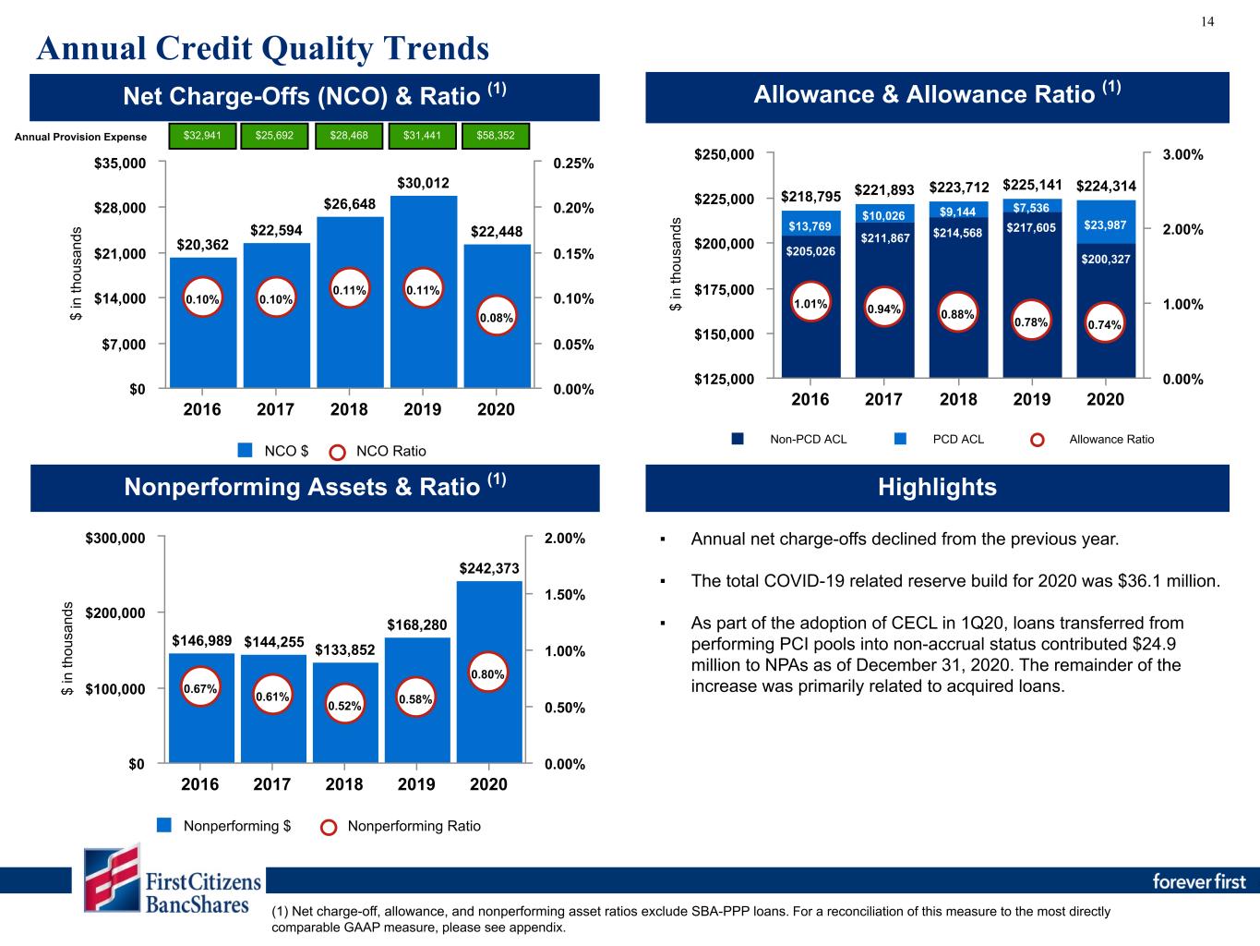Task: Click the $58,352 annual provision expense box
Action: [x=496, y=136]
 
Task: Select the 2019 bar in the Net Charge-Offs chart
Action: [x=424, y=292]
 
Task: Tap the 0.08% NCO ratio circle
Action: [x=496, y=317]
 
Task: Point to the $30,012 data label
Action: [x=423, y=183]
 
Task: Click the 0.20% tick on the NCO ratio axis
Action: [x=573, y=208]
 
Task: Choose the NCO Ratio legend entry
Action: [x=378, y=452]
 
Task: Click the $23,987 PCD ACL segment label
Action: [x=1105, y=225]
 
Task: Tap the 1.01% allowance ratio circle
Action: [x=810, y=303]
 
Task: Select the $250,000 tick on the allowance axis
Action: [x=724, y=154]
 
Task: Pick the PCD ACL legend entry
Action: [x=939, y=440]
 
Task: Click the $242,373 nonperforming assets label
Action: [x=488, y=568]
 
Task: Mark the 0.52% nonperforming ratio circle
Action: [x=344, y=705]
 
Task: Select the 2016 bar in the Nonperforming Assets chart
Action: [x=201, y=709]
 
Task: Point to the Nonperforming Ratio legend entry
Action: [x=401, y=827]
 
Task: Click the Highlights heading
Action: [x=937, y=487]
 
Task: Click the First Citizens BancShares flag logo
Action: [x=113, y=878]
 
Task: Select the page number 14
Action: [x=1207, y=22]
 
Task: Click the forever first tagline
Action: [x=1198, y=881]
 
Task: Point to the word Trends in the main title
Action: [x=437, y=48]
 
